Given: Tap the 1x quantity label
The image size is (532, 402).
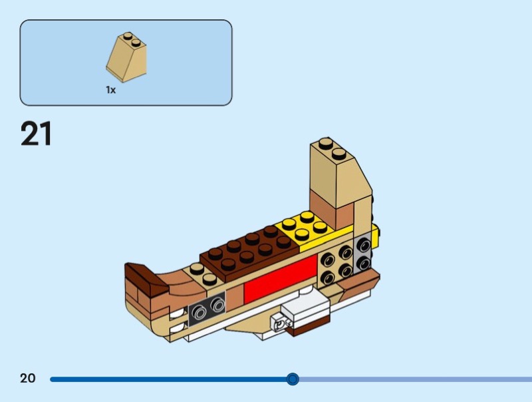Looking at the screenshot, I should click(110, 90).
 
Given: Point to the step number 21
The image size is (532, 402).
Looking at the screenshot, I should click(36, 134).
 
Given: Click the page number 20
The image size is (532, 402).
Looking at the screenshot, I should click(27, 378).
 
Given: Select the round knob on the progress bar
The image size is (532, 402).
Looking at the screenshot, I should click(293, 379).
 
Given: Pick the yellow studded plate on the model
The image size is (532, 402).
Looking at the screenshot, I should click(307, 229).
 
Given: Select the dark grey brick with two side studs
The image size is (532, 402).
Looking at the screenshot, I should click(207, 307).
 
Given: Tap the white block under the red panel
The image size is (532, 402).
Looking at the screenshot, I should click(306, 308).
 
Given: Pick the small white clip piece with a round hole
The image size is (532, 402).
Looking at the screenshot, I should click(281, 323).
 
